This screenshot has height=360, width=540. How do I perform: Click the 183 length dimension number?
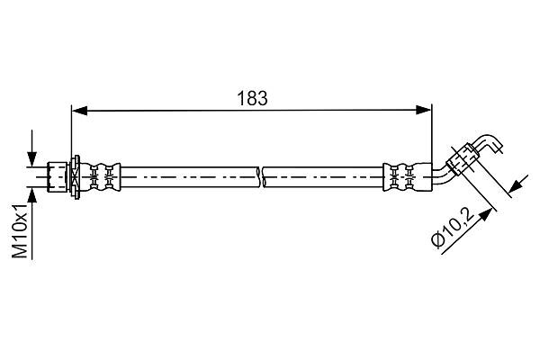tap(252, 98)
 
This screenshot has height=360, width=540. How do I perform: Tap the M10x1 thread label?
tap(20, 230)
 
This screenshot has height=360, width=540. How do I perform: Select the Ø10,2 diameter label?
tap(453, 229)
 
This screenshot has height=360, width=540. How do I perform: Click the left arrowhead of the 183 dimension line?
tap(79, 110)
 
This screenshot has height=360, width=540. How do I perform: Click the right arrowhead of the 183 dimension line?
tap(423, 110)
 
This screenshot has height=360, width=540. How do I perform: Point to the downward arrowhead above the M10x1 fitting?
tap(32, 159)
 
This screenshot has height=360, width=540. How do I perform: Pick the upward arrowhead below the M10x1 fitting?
tap(32, 195)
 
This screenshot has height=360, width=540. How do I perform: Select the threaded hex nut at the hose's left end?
tap(57, 177)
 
